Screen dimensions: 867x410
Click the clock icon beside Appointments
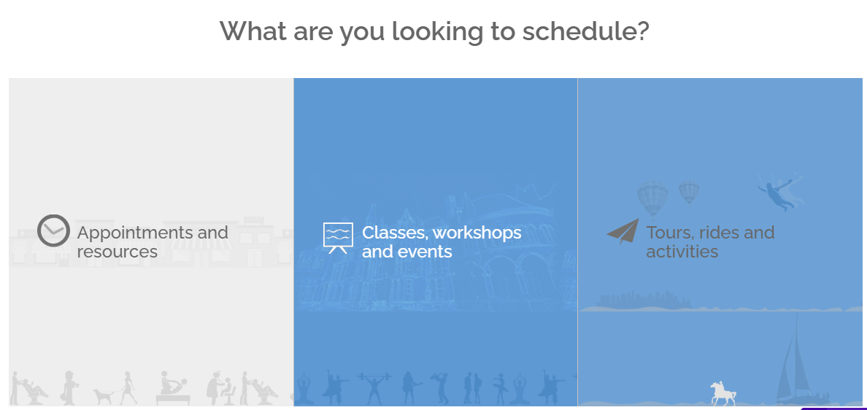53,231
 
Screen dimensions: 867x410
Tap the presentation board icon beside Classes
338,238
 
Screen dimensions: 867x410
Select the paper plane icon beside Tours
623,231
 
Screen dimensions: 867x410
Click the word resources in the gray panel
117,252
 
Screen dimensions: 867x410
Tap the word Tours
669,233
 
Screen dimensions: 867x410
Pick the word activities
682,252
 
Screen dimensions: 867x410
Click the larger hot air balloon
652,200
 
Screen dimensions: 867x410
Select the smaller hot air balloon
689,193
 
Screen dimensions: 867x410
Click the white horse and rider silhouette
723,393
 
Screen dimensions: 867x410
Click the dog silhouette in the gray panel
104,396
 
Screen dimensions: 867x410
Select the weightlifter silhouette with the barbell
374,388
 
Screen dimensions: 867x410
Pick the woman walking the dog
128,387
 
